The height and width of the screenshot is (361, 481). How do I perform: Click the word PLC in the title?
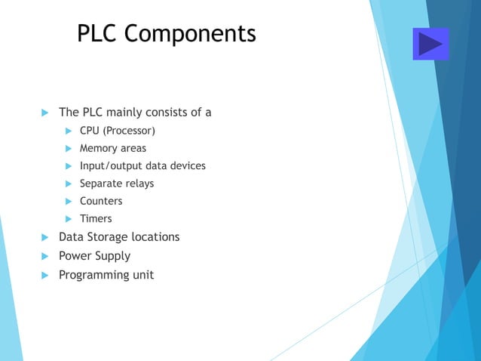[98, 34]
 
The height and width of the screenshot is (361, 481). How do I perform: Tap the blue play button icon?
[430, 44]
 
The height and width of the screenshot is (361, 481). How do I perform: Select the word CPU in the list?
[90, 131]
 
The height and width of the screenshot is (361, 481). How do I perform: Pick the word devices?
[187, 166]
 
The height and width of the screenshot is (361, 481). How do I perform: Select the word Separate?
[101, 184]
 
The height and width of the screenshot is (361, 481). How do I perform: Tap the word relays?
[139, 184]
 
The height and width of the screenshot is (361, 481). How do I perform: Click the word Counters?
[101, 201]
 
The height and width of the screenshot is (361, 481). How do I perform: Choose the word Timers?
[96, 219]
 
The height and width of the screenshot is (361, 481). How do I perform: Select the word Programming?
[93, 275]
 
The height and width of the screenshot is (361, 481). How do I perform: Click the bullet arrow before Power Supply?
[43, 256]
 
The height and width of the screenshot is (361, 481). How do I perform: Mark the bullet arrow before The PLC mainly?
[43, 113]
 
